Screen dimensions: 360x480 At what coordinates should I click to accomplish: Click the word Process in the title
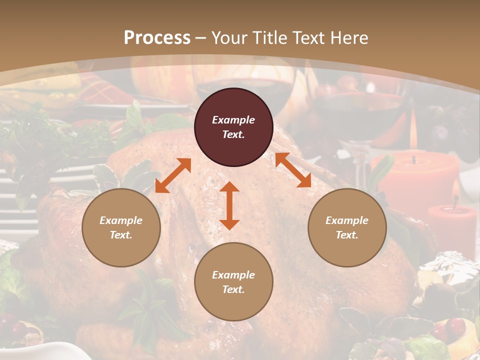(x=157, y=38)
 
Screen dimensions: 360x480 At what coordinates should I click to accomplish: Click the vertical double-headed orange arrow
(x=229, y=205)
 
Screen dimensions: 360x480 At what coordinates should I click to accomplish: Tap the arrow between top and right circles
(x=293, y=170)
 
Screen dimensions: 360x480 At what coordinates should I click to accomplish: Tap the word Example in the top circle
(x=233, y=120)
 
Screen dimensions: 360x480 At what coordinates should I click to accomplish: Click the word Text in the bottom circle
(x=233, y=289)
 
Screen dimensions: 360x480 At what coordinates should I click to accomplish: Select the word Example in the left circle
(x=121, y=220)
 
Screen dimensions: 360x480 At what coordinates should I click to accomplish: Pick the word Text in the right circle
(x=346, y=235)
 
